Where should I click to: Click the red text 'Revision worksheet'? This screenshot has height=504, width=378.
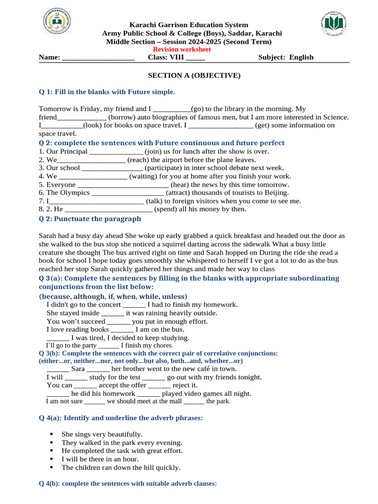point(182,49)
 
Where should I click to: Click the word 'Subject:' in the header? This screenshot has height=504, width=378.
point(272,57)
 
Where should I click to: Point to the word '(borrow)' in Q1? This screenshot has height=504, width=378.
point(121,117)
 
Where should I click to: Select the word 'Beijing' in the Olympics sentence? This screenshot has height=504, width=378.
point(276,193)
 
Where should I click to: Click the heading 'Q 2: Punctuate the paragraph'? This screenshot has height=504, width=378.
point(90,219)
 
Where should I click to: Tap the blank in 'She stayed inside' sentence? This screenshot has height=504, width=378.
point(113,313)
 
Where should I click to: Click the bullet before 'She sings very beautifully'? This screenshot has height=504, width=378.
point(52,435)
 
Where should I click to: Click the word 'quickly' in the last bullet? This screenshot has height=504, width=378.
point(166,468)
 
